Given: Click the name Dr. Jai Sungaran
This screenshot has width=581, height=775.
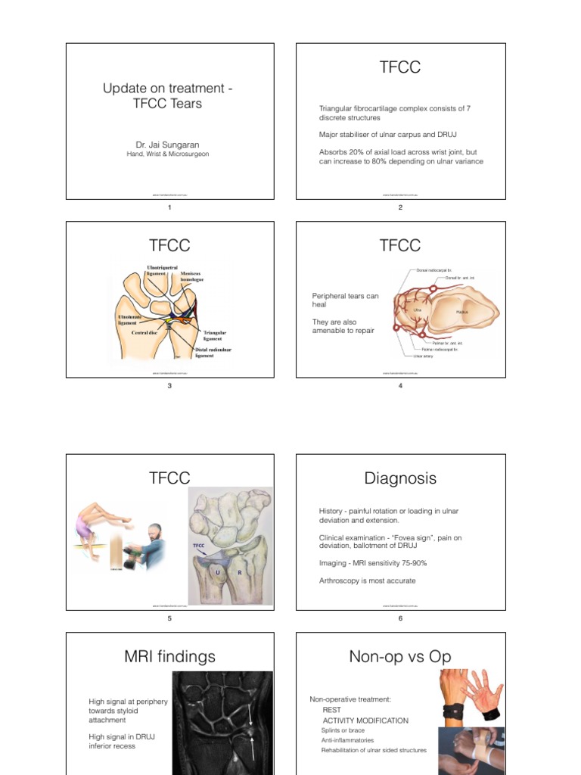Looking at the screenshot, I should (167, 144).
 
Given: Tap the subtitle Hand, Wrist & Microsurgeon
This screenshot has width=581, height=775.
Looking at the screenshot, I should (167, 154).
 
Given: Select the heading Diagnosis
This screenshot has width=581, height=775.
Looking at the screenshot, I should (400, 478).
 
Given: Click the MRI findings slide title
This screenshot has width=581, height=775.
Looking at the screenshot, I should (169, 656).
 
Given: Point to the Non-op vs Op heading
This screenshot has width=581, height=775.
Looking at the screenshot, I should (400, 656).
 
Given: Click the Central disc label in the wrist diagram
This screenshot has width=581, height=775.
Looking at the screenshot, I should (144, 332).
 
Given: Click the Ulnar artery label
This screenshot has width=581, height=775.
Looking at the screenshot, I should (423, 356).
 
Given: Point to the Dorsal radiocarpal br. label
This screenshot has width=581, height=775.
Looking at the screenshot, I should (435, 269).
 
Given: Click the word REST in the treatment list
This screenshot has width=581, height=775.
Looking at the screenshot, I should (332, 710).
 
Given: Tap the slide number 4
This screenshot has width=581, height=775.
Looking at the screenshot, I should (400, 386).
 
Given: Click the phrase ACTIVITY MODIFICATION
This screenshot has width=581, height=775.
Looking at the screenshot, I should (365, 721).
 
